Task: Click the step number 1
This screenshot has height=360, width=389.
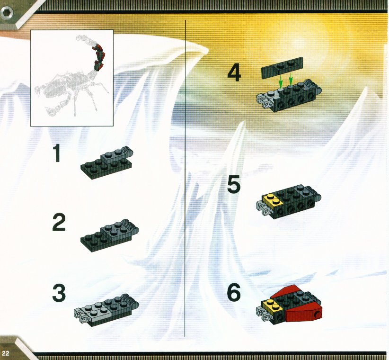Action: click(58, 153)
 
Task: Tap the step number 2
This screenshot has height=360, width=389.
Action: click(59, 223)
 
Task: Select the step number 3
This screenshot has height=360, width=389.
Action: click(59, 293)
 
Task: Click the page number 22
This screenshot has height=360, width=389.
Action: click(6, 353)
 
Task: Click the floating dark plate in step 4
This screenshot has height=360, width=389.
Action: click(283, 68)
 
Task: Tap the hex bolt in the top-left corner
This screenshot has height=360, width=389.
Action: click(7, 12)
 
